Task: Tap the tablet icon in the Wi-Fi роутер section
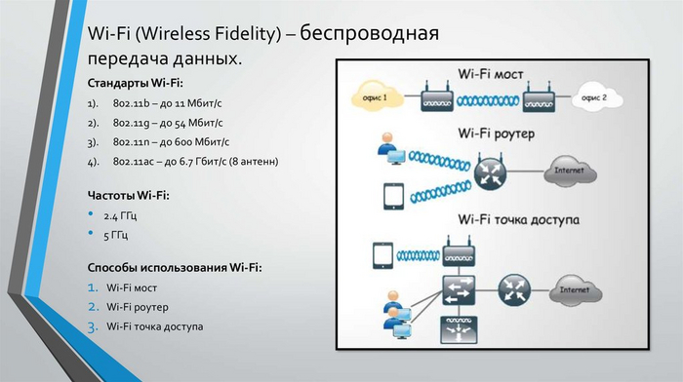(x=392, y=198)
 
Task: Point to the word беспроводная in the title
(x=369, y=34)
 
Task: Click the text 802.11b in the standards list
(x=128, y=102)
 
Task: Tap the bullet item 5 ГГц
(x=116, y=234)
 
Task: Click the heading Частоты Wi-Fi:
(x=128, y=195)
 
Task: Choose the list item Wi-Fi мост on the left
(x=132, y=287)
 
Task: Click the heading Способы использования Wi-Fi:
(x=174, y=266)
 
